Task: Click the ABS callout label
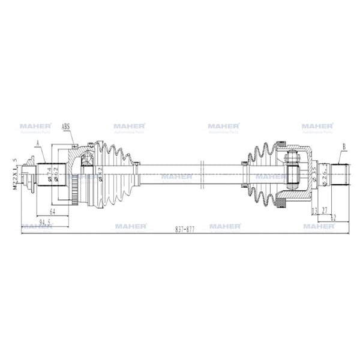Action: click(67, 127)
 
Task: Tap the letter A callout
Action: click(37, 142)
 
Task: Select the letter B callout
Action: click(344, 146)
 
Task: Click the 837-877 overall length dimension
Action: click(185, 229)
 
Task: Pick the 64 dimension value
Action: click(52, 212)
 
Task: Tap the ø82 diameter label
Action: click(100, 174)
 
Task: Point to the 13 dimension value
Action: click(314, 211)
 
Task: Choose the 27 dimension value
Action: click(324, 211)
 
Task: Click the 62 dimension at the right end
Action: click(332, 217)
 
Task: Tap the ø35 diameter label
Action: click(313, 173)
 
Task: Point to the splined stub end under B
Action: click(340, 174)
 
